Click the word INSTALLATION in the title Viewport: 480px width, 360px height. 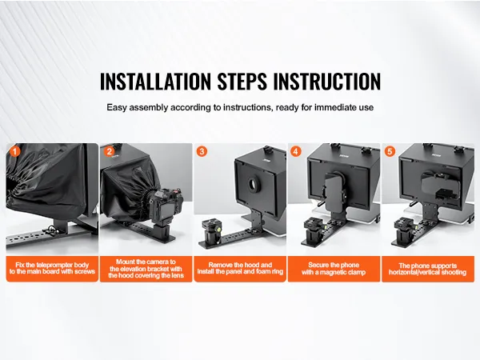point(155,81)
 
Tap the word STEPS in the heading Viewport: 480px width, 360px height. point(242,81)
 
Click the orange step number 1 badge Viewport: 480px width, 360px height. point(14,151)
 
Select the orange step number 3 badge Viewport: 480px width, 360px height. point(202,151)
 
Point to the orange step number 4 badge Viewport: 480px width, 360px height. point(295,151)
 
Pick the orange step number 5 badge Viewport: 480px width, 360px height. point(390,151)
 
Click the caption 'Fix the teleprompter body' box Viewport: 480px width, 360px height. point(52,269)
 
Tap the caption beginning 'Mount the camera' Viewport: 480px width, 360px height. point(146,269)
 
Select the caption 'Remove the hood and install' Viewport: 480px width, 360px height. point(240,269)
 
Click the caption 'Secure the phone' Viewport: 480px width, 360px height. point(334,269)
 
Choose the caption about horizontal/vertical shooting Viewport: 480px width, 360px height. point(428,269)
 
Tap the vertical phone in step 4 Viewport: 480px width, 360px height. point(334,192)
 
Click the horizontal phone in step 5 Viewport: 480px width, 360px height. point(439,185)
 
